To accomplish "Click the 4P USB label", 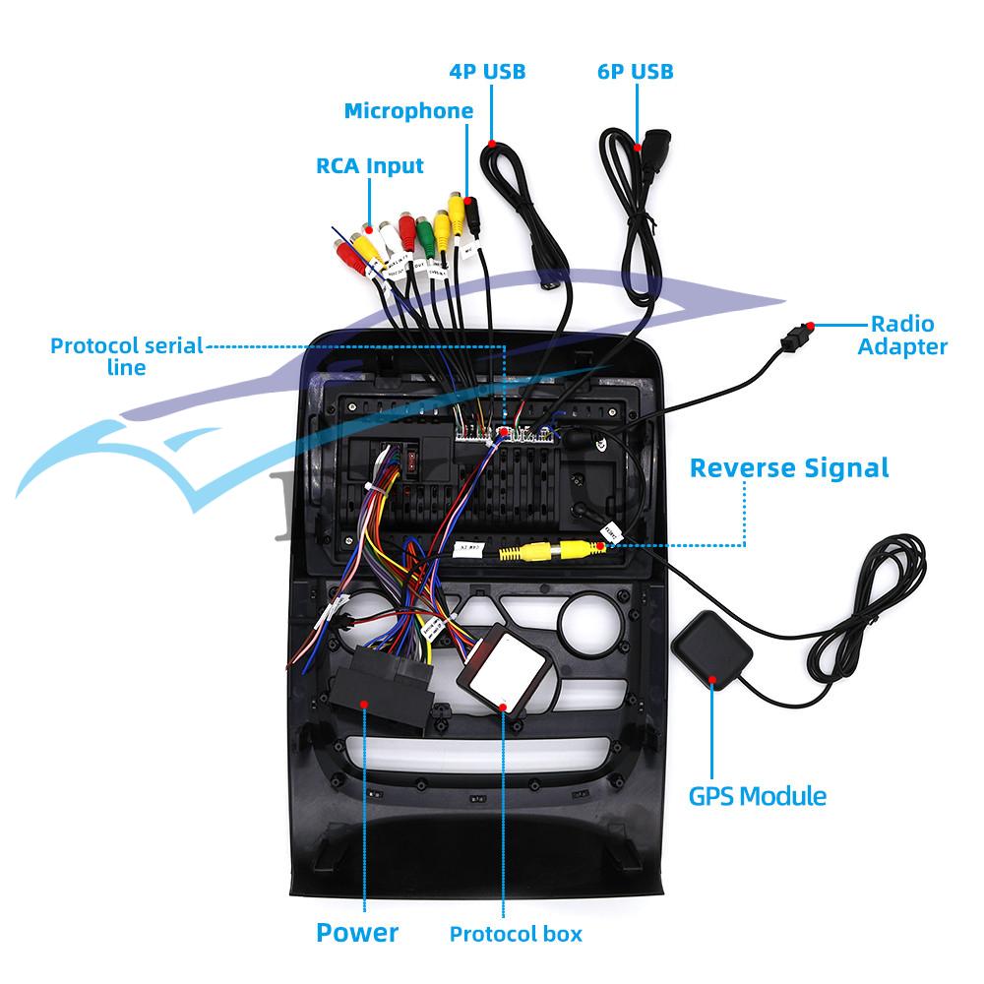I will [486, 71].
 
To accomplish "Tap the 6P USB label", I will [635, 71].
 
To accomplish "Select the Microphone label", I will [407, 111].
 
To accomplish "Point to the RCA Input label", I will [369, 165].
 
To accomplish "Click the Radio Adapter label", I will [901, 335].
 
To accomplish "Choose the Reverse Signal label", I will [789, 466].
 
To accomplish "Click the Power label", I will [357, 932].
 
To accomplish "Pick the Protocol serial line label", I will [126, 356].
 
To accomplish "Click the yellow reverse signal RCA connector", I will [535, 551].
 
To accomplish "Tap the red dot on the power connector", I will [364, 704].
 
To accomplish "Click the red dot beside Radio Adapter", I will [809, 326].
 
